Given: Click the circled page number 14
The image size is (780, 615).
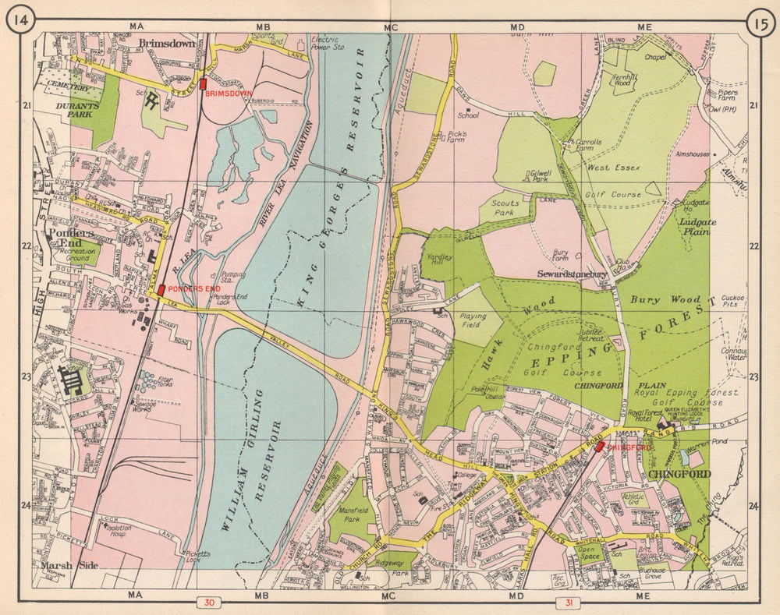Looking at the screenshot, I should [x=20, y=21].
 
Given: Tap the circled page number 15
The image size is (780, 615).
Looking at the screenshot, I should [x=760, y=21].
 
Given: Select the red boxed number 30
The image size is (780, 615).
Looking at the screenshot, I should [x=209, y=603].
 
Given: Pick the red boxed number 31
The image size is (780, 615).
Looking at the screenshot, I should [x=567, y=603].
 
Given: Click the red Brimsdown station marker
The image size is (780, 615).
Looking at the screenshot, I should [x=204, y=83].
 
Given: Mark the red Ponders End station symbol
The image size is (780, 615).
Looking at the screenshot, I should [x=161, y=290].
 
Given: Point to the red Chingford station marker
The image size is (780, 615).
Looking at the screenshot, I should [x=599, y=447].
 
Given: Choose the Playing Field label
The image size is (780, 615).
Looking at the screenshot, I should [x=473, y=322].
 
